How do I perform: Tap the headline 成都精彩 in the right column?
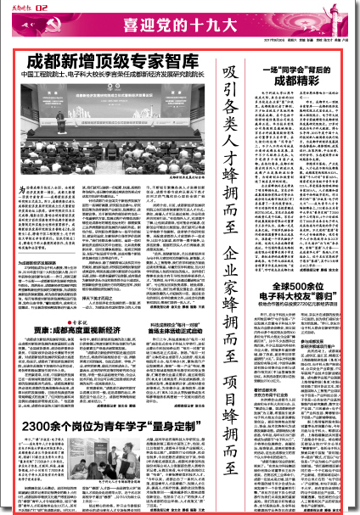297,81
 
